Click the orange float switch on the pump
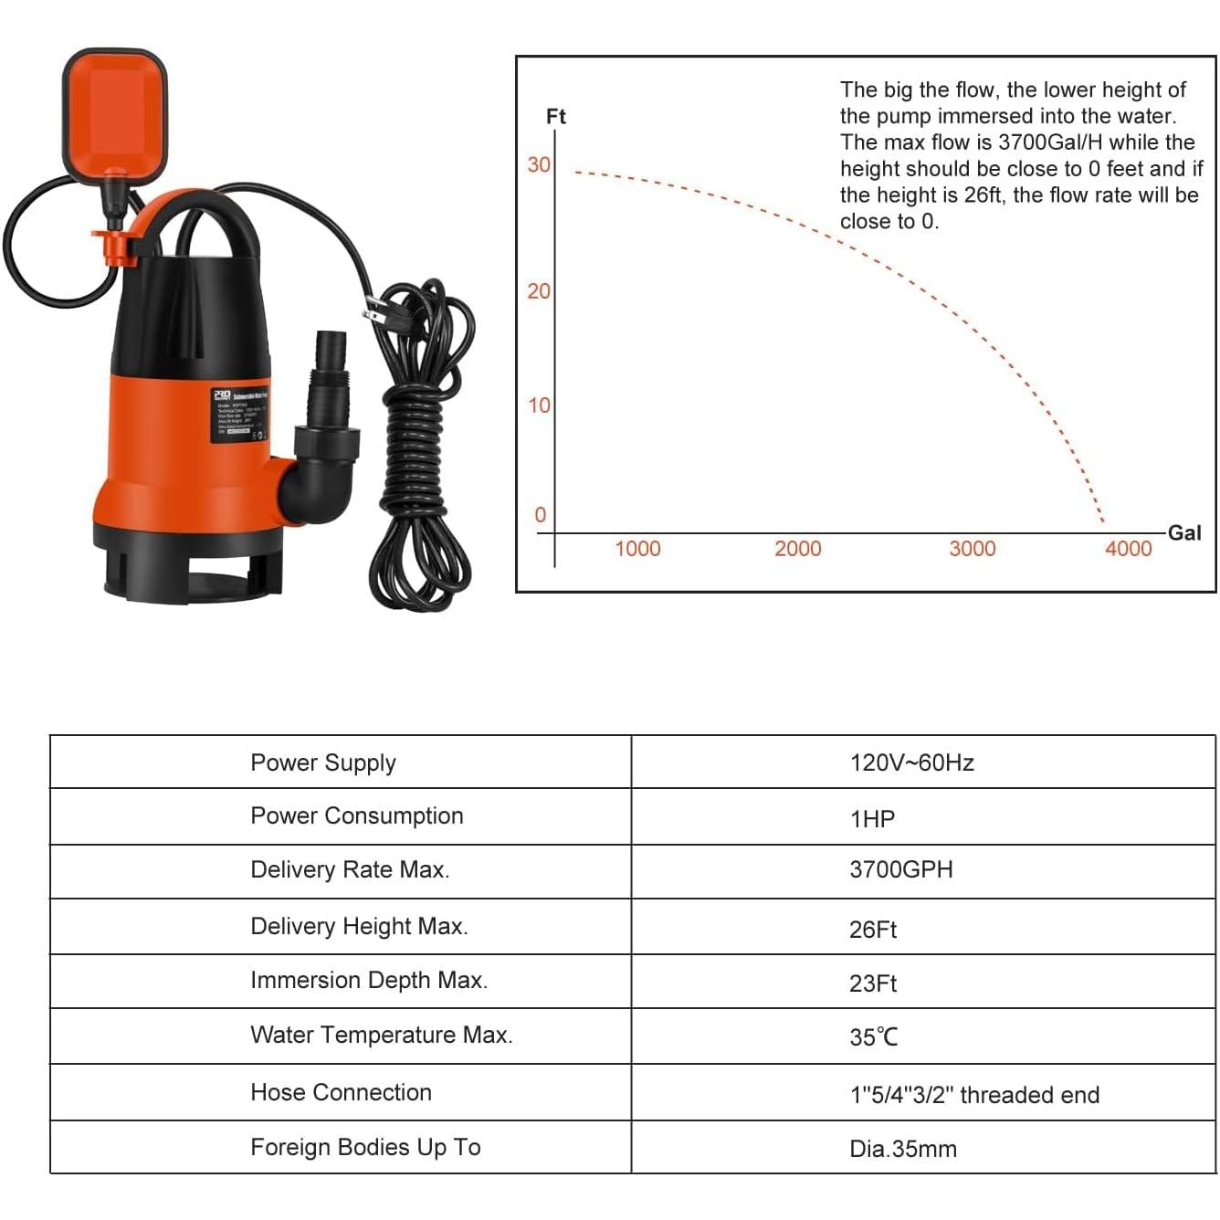coord(114,110)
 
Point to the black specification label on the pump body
coord(240,416)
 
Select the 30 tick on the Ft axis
coord(539,165)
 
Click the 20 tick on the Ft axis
coord(539,291)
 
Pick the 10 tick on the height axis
coord(540,405)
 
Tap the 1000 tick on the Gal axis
coord(637,549)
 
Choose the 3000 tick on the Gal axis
coord(972,549)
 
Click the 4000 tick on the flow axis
coord(1128,549)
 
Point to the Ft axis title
coord(556,117)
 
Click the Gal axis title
coord(1184,533)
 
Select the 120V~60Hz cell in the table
coord(911,763)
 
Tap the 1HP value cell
coord(872,819)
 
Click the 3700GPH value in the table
coord(900,870)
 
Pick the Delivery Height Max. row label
coord(359,927)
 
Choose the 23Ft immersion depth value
coord(873,983)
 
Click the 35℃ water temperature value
coord(874,1037)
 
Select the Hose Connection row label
coord(341,1093)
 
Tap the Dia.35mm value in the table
coord(902,1149)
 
